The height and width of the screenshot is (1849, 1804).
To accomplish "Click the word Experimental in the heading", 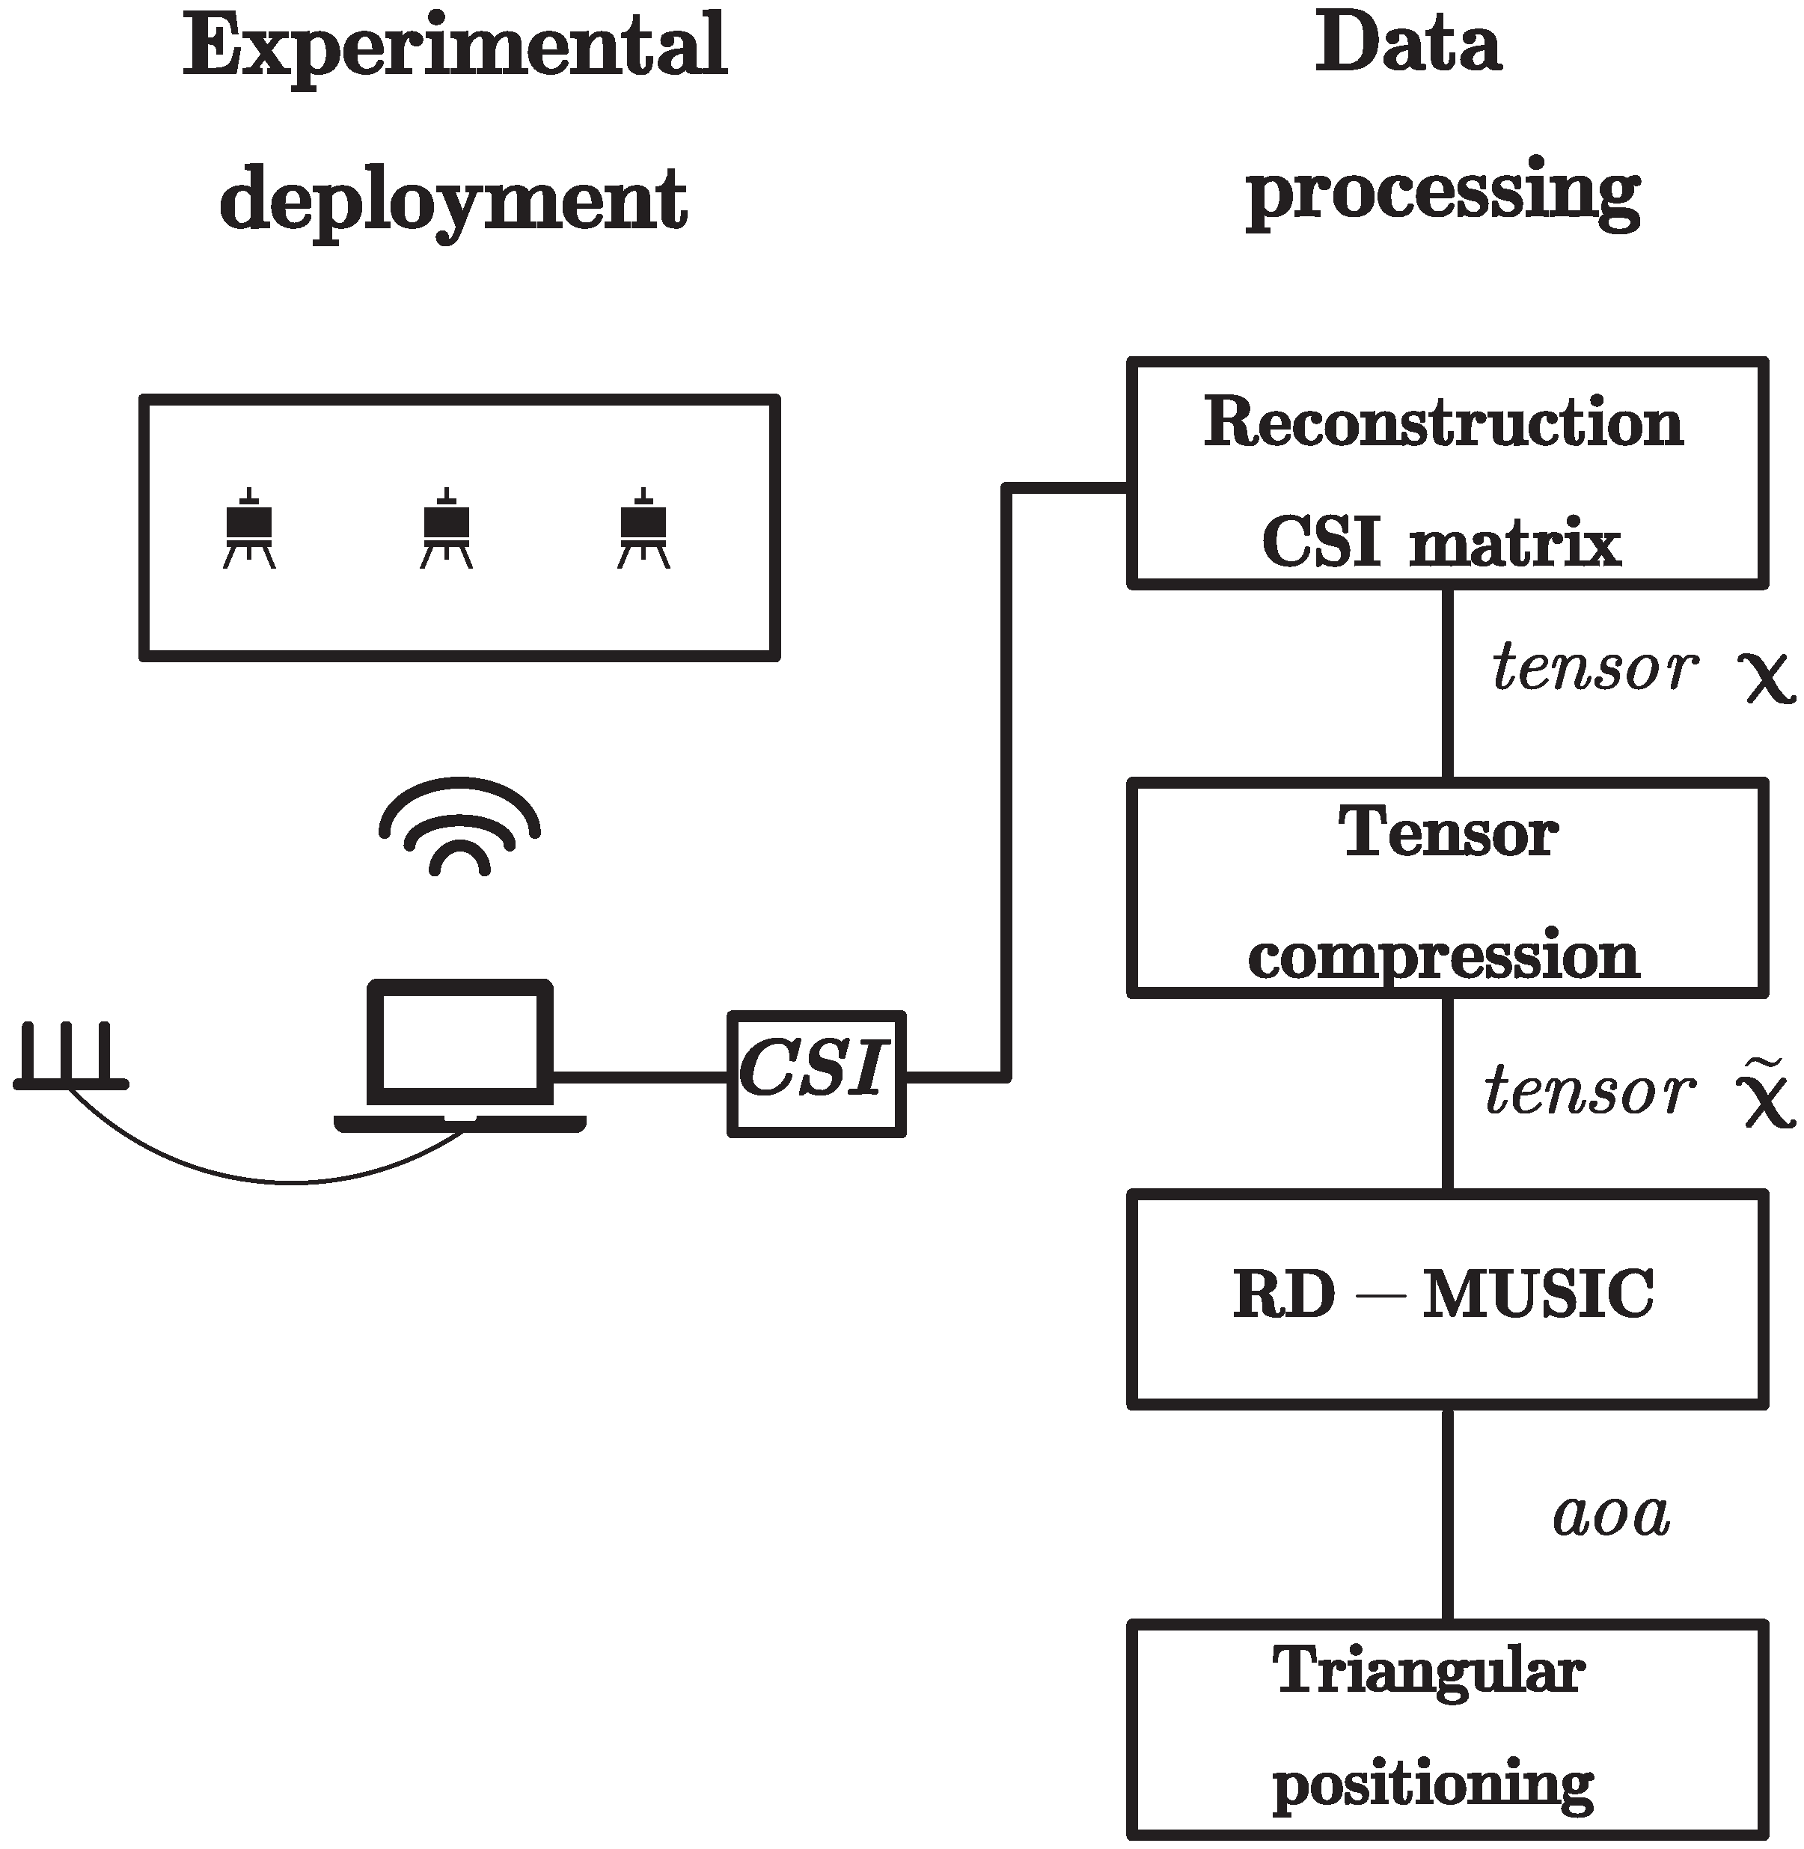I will point(455,47).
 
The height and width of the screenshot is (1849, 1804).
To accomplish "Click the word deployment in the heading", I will point(453,201).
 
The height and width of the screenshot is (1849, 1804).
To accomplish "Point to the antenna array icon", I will point(71,1057).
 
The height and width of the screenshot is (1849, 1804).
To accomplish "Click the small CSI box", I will point(816,1074).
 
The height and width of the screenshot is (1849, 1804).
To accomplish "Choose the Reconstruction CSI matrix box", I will point(1447,474).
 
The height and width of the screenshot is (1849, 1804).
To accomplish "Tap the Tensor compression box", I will point(1447,888).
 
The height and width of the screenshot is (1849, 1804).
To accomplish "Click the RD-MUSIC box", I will point(1447,1298).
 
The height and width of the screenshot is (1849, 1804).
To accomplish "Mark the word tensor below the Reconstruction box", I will point(1594,668).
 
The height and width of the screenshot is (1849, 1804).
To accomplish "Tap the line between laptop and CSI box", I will point(640,1077).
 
